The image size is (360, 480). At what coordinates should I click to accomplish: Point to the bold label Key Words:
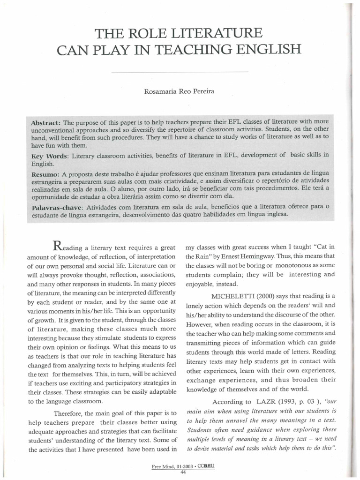pos(49,155)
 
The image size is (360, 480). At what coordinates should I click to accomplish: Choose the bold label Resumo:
pos(46,174)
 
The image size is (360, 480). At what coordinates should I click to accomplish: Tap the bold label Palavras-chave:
pos(58,207)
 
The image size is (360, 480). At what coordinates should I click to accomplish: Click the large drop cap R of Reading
pos(58,245)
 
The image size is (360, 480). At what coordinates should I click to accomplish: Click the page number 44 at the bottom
pos(183,472)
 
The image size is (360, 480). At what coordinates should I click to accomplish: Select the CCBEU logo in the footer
pos(205,467)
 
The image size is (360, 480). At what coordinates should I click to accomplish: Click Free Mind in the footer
pos(163,467)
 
